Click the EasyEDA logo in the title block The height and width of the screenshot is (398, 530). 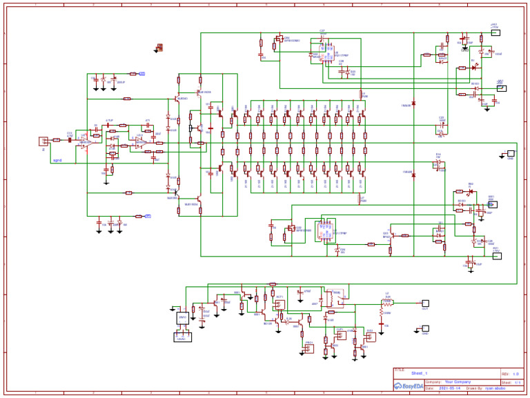pyautogui.click(x=407, y=386)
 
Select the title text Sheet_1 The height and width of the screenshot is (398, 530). pyautogui.click(x=420, y=373)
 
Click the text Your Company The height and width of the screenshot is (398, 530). pyautogui.click(x=458, y=381)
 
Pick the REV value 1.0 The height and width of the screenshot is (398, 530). pyautogui.click(x=515, y=373)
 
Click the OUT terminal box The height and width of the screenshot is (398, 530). pyautogui.click(x=425, y=303)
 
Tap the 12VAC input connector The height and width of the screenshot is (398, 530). pyautogui.click(x=183, y=337)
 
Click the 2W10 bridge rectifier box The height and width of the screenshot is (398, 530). pyautogui.click(x=183, y=318)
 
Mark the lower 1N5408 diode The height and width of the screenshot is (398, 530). pyautogui.click(x=413, y=176)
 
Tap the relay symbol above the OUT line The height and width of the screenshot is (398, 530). pyautogui.click(x=337, y=295)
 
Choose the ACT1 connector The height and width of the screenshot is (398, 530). pyautogui.click(x=279, y=304)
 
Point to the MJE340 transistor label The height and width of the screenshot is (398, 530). pyautogui.click(x=183, y=99)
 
